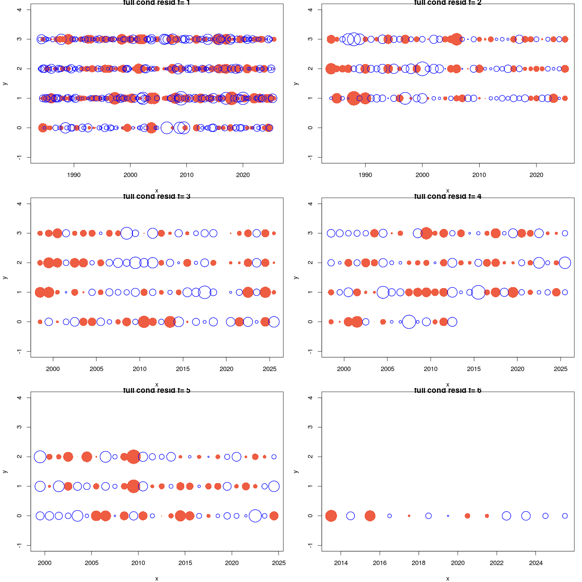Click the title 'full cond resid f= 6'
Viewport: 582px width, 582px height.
point(447,390)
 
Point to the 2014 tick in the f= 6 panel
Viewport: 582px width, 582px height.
point(341,552)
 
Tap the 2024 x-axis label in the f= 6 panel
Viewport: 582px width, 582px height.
point(535,563)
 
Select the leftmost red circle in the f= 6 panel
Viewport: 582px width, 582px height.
point(331,516)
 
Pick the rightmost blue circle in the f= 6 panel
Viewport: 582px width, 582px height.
point(565,516)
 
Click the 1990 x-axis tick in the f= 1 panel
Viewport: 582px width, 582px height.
point(74,164)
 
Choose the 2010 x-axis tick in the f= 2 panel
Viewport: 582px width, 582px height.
point(479,164)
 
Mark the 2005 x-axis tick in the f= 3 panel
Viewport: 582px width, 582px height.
point(96,358)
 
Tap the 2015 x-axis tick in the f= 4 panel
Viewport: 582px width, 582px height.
point(474,358)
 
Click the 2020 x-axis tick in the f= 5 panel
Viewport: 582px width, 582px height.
point(232,552)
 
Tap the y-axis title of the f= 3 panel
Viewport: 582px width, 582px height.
point(5,277)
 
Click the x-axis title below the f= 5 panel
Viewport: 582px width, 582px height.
point(157,578)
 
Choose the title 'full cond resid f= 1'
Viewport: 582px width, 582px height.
point(156,2)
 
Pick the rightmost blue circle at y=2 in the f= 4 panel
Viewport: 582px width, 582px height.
point(565,263)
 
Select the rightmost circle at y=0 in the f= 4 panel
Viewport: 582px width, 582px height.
point(452,322)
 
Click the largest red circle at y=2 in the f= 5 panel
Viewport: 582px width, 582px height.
point(134,457)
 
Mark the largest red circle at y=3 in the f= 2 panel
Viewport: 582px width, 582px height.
point(456,39)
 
